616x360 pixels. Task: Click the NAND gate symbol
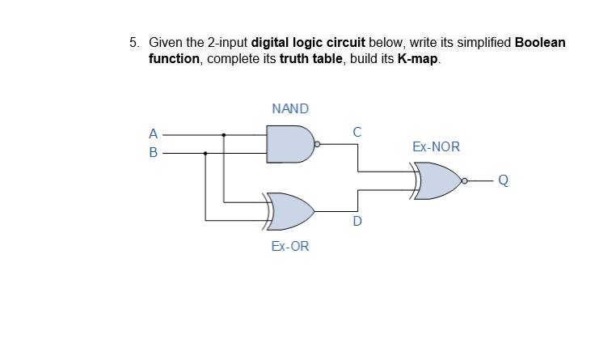pos(289,143)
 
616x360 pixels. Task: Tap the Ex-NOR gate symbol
pos(437,180)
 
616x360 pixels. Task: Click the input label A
pos(153,133)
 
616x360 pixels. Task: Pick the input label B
pos(153,152)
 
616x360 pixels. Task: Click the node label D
pos(357,220)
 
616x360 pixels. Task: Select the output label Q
pos(503,180)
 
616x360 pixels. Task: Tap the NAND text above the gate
pos(290,108)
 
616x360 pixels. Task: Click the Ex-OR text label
pos(289,246)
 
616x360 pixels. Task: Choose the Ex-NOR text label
pos(435,147)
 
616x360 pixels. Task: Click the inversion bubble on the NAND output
pos(317,144)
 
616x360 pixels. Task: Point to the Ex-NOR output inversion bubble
pos(466,180)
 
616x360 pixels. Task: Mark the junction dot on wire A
pos(224,134)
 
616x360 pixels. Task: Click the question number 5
pos(134,42)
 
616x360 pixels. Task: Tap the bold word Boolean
pos(540,42)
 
